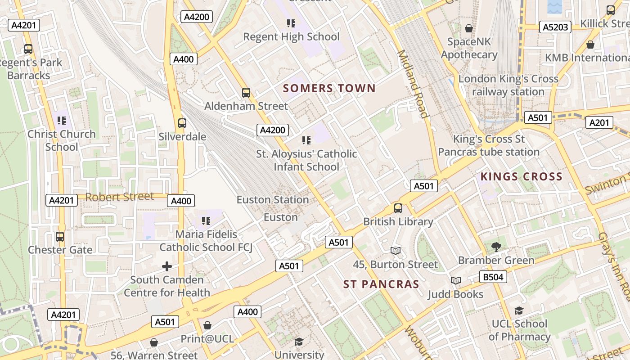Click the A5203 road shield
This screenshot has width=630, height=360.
555,27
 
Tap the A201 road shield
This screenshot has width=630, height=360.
599,122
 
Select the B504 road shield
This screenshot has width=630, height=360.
493,277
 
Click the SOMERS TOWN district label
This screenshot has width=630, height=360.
329,88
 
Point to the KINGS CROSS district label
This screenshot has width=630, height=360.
521,176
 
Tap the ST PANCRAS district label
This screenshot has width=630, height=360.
381,284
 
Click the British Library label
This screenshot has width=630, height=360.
398,221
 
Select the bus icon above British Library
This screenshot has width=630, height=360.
398,208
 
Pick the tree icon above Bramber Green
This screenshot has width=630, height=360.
496,247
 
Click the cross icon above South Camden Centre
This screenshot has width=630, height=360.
166,266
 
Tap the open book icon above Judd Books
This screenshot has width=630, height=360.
455,281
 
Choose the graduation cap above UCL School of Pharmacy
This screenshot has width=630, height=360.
519,310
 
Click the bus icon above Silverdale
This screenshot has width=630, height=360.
182,123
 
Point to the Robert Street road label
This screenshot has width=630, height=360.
119,197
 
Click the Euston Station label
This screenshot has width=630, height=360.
273,199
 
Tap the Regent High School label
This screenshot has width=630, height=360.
291,36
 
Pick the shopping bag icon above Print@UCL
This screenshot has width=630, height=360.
207,325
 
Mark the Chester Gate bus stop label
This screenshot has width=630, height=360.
60,250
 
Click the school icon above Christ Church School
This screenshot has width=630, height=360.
62,121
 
